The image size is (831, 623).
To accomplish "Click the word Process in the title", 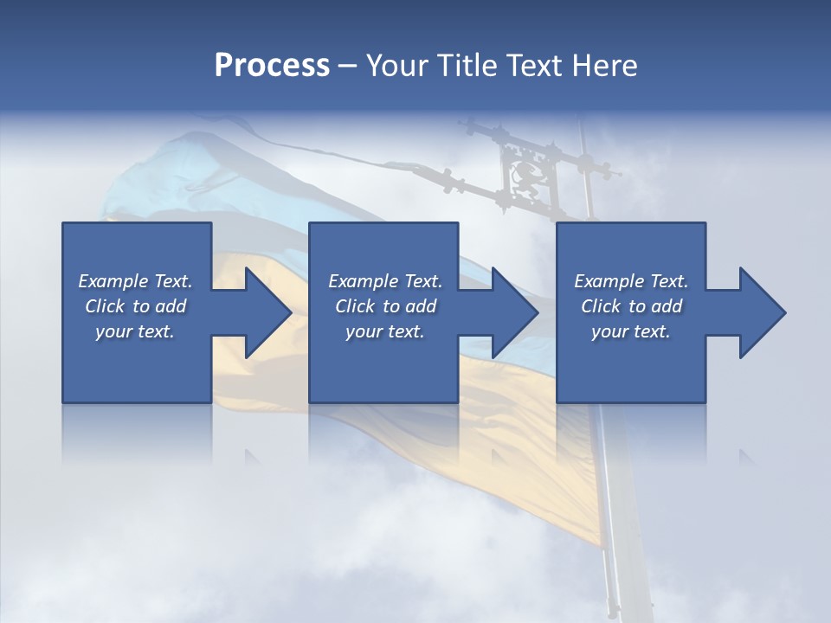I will [272, 66].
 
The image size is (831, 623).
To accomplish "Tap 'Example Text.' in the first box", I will [135, 281].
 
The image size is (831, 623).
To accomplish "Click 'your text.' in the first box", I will [135, 331].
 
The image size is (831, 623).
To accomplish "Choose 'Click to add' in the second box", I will [385, 306].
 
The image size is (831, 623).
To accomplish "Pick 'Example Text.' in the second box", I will [385, 281].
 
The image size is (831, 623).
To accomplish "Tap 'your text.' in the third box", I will [631, 331].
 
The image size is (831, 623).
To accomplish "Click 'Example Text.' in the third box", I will [631, 281].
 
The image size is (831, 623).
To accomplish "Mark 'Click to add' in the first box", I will [135, 306].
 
